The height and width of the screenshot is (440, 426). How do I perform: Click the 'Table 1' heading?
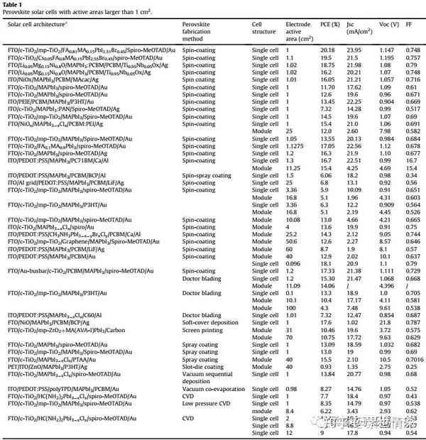(16, 4)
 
